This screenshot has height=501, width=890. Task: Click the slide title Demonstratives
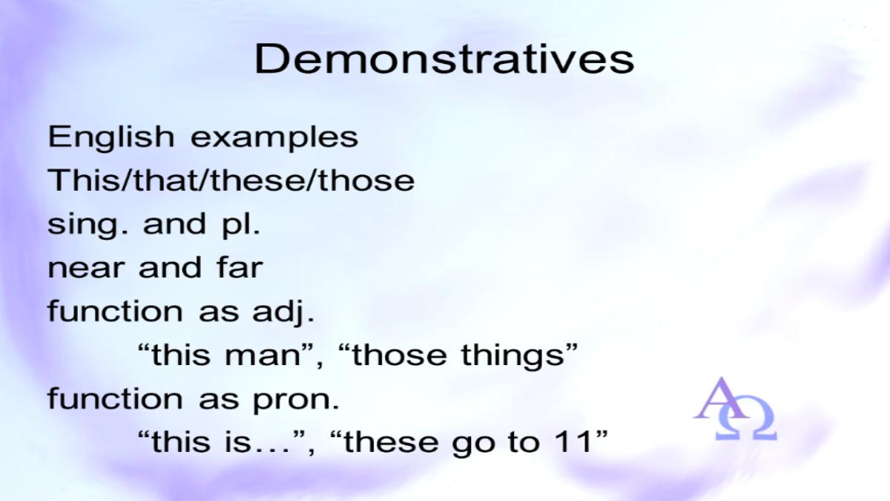(x=444, y=59)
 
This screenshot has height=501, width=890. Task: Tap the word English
(x=111, y=138)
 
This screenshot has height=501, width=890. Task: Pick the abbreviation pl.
(x=241, y=225)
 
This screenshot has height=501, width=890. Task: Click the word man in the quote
(x=263, y=356)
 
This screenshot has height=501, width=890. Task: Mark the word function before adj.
(x=115, y=310)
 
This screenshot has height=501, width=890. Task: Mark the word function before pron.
(x=115, y=398)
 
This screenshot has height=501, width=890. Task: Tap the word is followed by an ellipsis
(x=239, y=442)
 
